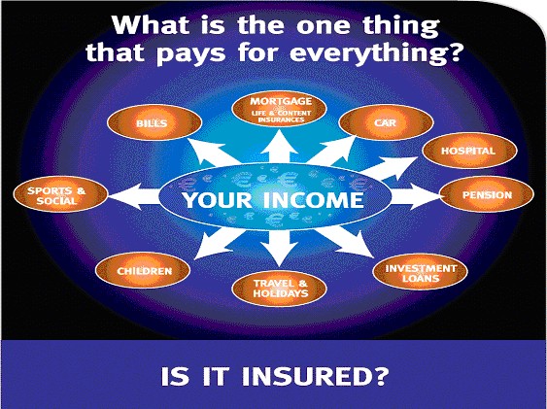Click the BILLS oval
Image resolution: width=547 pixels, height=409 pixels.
154,122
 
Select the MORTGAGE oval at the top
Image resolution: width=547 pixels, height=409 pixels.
279,109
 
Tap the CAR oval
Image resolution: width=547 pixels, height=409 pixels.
386,122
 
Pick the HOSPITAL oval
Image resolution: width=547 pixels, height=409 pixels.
469,151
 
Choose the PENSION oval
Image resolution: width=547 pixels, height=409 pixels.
487,194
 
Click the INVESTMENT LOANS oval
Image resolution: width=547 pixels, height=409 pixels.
420,272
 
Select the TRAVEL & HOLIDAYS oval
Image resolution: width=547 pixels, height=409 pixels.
279,289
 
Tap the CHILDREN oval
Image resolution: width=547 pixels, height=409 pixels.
143,271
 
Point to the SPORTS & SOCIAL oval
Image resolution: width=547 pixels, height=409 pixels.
60,194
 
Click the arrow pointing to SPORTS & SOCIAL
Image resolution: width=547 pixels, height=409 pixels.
134,196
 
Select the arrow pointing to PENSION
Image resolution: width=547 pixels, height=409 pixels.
416,196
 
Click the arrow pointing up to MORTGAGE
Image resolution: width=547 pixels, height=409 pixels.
279,148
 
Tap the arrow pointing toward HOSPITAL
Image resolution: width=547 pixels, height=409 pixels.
389,167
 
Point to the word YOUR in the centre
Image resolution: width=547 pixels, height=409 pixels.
218,200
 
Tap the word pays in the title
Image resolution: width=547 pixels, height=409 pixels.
190,54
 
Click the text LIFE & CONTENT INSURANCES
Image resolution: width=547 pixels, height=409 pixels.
281,117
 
